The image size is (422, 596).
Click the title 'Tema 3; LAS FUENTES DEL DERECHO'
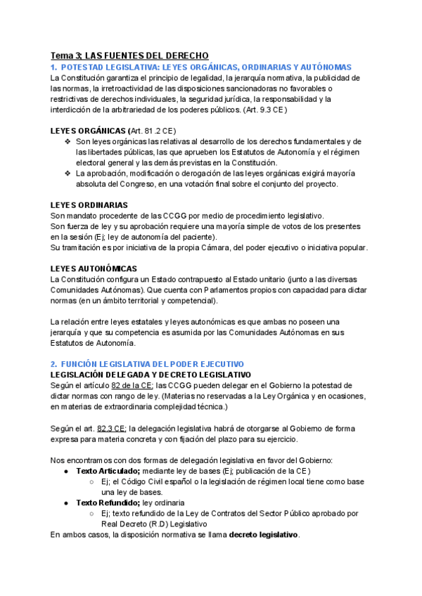click(x=129, y=55)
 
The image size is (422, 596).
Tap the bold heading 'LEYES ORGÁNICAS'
click(x=87, y=131)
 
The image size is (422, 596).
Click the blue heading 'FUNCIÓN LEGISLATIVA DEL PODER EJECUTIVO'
click(x=152, y=364)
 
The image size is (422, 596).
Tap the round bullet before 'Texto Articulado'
click(x=65, y=471)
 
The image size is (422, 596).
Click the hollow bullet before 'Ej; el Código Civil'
click(x=92, y=481)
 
